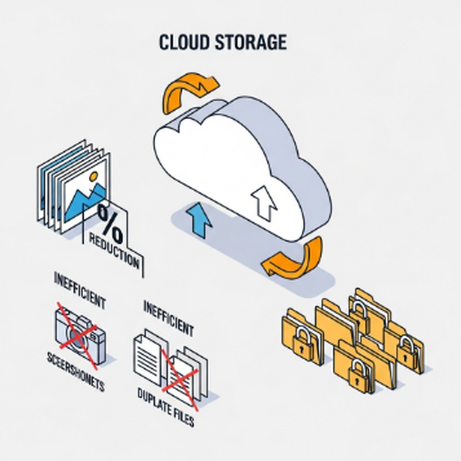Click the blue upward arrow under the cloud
tap(198, 219)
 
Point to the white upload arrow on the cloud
tap(264, 201)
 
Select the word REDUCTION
tap(114, 250)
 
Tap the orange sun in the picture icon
tap(94, 177)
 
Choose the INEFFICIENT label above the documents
tap(168, 318)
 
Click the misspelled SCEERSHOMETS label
tap(75, 372)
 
